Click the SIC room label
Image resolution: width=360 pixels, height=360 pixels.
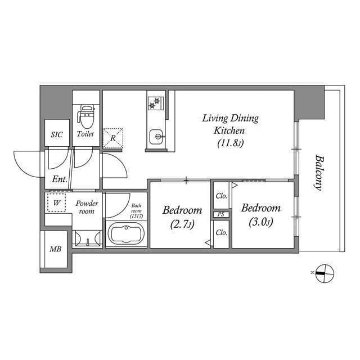[x=56, y=135]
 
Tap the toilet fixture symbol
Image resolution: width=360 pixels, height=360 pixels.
[x=85, y=116]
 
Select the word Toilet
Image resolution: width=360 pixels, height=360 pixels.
[x=85, y=135]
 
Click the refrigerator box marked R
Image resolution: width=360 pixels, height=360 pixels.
[x=113, y=137]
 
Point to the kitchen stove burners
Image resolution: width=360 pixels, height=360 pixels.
[x=155, y=103]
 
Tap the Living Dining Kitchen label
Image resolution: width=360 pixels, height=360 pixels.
[x=230, y=124]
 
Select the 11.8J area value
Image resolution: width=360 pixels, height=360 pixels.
[x=230, y=143]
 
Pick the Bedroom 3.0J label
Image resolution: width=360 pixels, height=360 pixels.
[x=260, y=214]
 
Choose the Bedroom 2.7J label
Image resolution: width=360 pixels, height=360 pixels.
[x=182, y=217]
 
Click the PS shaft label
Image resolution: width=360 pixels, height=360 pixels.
[x=220, y=214]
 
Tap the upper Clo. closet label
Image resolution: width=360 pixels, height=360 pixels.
[x=221, y=196]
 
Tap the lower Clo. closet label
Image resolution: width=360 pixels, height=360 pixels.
[x=221, y=232]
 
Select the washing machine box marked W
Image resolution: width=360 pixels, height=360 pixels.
[x=56, y=202]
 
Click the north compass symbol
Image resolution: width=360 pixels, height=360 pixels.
[x=325, y=274]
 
